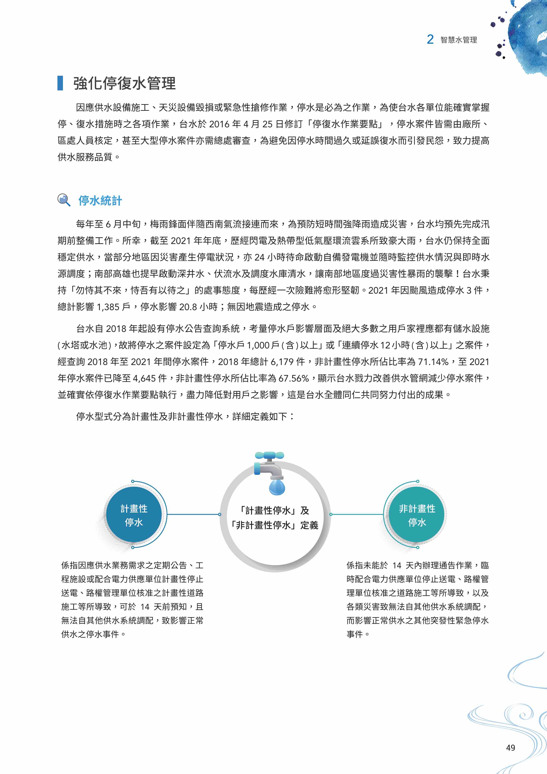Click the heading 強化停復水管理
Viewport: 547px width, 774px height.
click(124, 83)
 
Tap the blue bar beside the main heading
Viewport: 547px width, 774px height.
click(60, 83)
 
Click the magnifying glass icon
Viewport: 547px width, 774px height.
click(64, 200)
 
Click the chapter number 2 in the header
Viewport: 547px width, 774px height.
click(430, 39)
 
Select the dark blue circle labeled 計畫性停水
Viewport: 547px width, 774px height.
click(134, 515)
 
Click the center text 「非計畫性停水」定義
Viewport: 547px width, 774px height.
click(275, 525)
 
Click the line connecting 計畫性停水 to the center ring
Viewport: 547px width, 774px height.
click(193, 515)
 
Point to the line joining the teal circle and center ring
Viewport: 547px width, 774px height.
click(357, 515)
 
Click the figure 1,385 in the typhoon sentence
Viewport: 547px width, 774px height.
click(108, 307)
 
